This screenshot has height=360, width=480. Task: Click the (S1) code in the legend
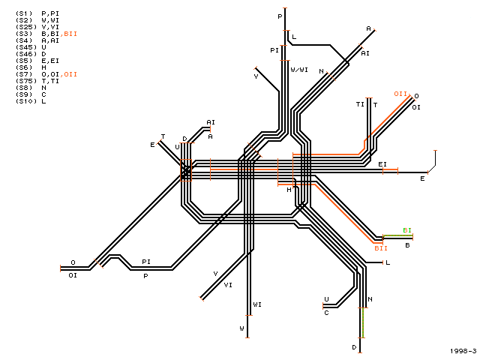(x=24, y=13)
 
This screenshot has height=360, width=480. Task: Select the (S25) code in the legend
(x=26, y=27)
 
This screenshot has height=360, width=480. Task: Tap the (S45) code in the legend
(x=26, y=47)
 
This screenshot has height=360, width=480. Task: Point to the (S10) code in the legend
(x=26, y=101)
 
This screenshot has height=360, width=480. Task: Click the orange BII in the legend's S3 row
(x=70, y=34)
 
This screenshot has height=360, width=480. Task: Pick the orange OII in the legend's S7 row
(x=70, y=74)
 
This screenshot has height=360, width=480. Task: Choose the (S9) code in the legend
(x=24, y=94)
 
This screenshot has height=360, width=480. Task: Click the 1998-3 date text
(x=463, y=351)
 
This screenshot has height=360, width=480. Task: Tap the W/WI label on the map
(x=299, y=70)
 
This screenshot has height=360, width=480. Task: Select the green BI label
(x=407, y=230)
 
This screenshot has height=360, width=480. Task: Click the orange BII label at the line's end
(x=381, y=248)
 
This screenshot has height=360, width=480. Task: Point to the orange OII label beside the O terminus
(x=400, y=94)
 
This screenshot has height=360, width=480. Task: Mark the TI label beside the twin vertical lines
(x=360, y=104)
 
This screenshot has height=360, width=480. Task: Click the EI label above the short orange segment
(x=382, y=164)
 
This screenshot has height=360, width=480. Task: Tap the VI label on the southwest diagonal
(x=228, y=285)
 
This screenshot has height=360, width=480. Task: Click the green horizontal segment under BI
(x=398, y=235)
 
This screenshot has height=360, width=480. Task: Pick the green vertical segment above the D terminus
(x=363, y=322)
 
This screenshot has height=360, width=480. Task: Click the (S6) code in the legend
(x=24, y=67)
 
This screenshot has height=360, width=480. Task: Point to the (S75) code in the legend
(x=26, y=81)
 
